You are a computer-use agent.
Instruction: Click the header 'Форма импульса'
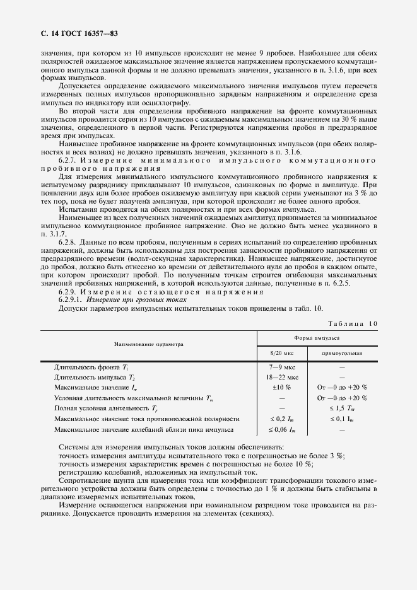[315, 338]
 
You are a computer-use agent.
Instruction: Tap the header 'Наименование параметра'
[148, 345]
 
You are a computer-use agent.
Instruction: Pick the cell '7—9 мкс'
[279, 366]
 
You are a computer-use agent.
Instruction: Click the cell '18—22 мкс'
[279, 377]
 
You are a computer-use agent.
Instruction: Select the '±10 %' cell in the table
[279, 387]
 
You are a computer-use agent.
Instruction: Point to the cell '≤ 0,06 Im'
[279, 429]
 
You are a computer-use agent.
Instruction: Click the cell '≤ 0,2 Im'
[279, 419]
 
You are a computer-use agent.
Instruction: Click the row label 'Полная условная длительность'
[101, 408]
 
